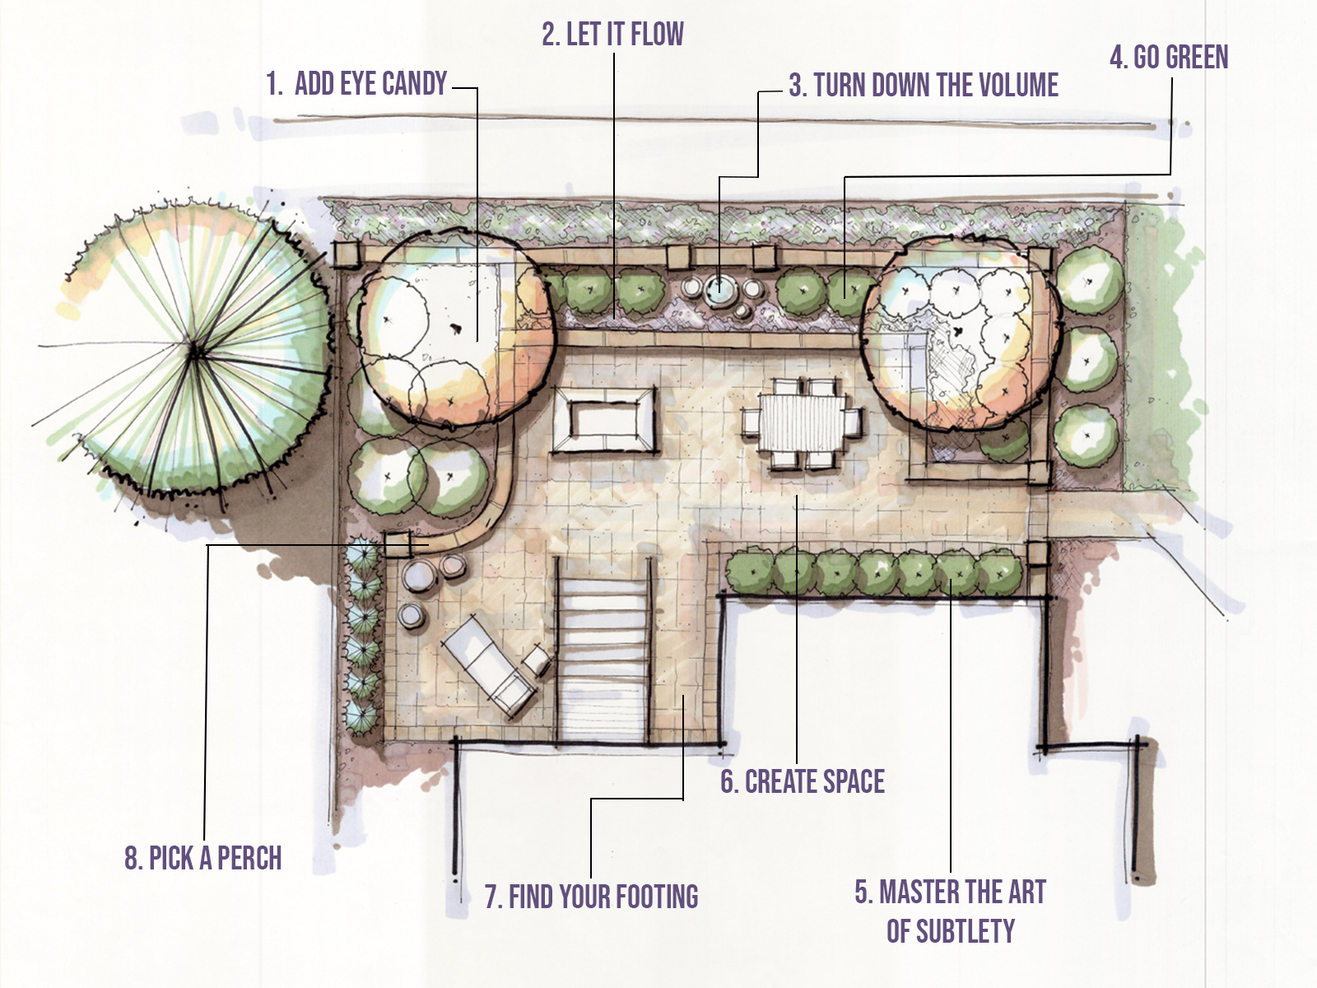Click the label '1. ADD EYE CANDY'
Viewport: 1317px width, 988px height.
point(356,84)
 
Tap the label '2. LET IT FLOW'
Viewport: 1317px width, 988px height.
point(612,35)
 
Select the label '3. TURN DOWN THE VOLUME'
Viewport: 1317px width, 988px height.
point(924,86)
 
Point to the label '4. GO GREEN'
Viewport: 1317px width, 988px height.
point(1169,58)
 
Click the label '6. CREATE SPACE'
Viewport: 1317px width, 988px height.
point(803,782)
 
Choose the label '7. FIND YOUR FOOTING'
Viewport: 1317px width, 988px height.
point(591,897)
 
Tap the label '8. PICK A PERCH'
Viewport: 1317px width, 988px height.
point(202,859)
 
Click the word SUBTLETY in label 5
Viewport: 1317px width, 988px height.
point(951,932)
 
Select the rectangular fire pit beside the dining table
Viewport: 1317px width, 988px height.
point(605,421)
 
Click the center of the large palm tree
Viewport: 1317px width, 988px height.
point(195,352)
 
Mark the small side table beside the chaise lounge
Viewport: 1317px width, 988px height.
point(538,659)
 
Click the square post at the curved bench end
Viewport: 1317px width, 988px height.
point(398,544)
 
